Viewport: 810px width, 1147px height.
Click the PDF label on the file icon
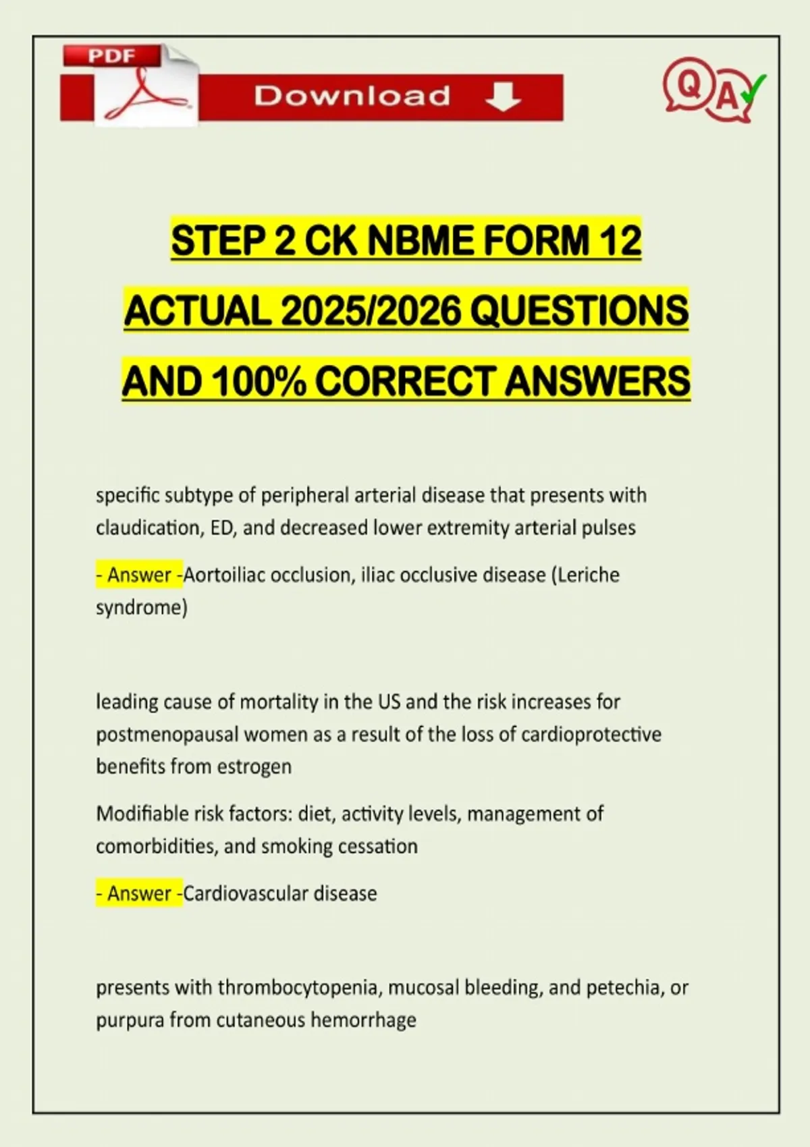(x=112, y=56)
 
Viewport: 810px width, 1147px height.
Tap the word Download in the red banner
(x=352, y=96)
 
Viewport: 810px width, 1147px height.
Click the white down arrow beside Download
(x=503, y=97)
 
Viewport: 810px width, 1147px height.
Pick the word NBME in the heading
(x=423, y=241)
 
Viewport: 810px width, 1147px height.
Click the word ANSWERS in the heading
(x=597, y=381)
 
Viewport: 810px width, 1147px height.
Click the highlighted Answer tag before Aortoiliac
(x=139, y=575)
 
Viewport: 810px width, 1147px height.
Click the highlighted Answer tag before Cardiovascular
(x=139, y=893)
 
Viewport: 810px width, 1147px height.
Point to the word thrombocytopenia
(x=298, y=988)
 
